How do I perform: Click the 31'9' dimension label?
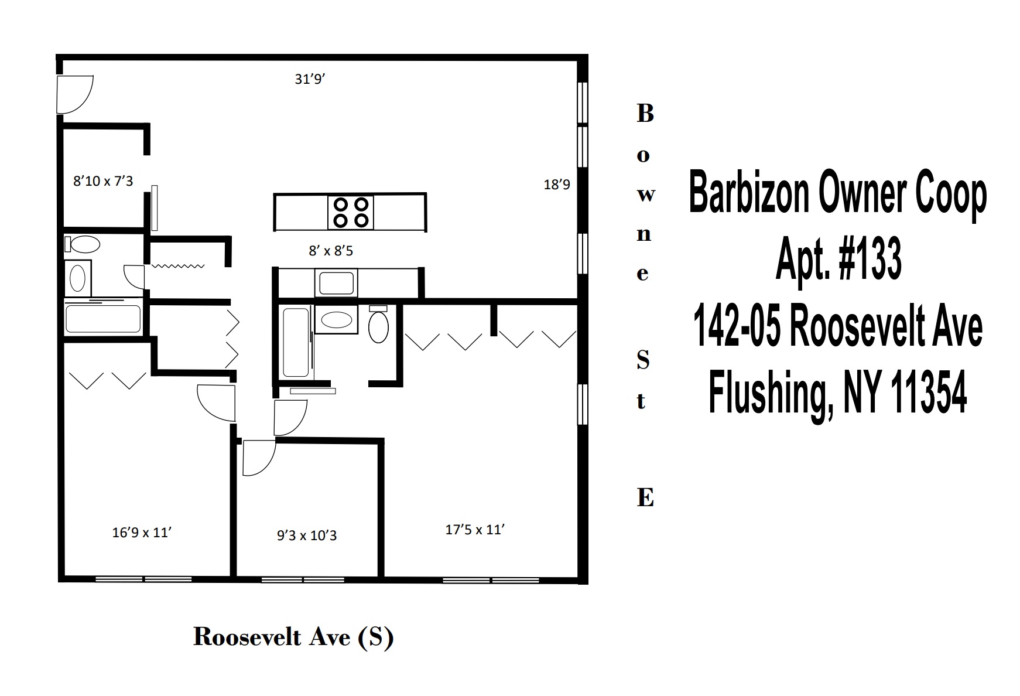310,79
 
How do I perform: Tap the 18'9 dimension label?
557,185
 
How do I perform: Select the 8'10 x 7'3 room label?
103,181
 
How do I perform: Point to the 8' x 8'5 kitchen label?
331,251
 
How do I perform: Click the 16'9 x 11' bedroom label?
141,533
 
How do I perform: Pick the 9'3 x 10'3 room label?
307,535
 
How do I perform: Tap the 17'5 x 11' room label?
475,530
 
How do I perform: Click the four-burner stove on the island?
350,212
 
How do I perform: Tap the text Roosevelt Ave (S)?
293,637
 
